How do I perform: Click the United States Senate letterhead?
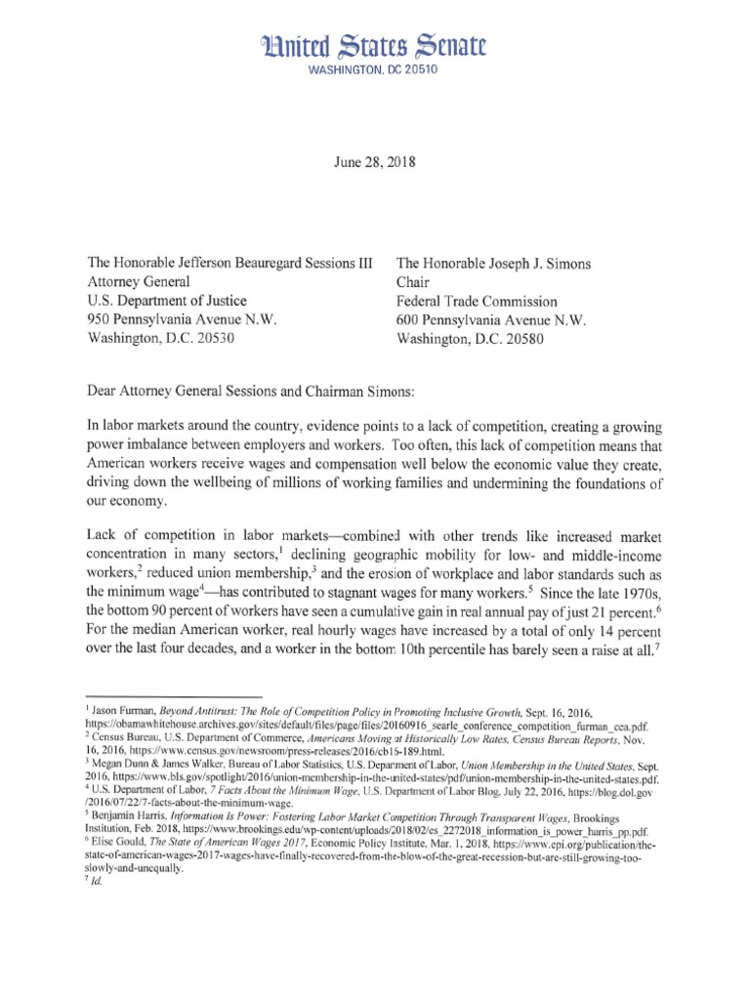(x=375, y=45)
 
